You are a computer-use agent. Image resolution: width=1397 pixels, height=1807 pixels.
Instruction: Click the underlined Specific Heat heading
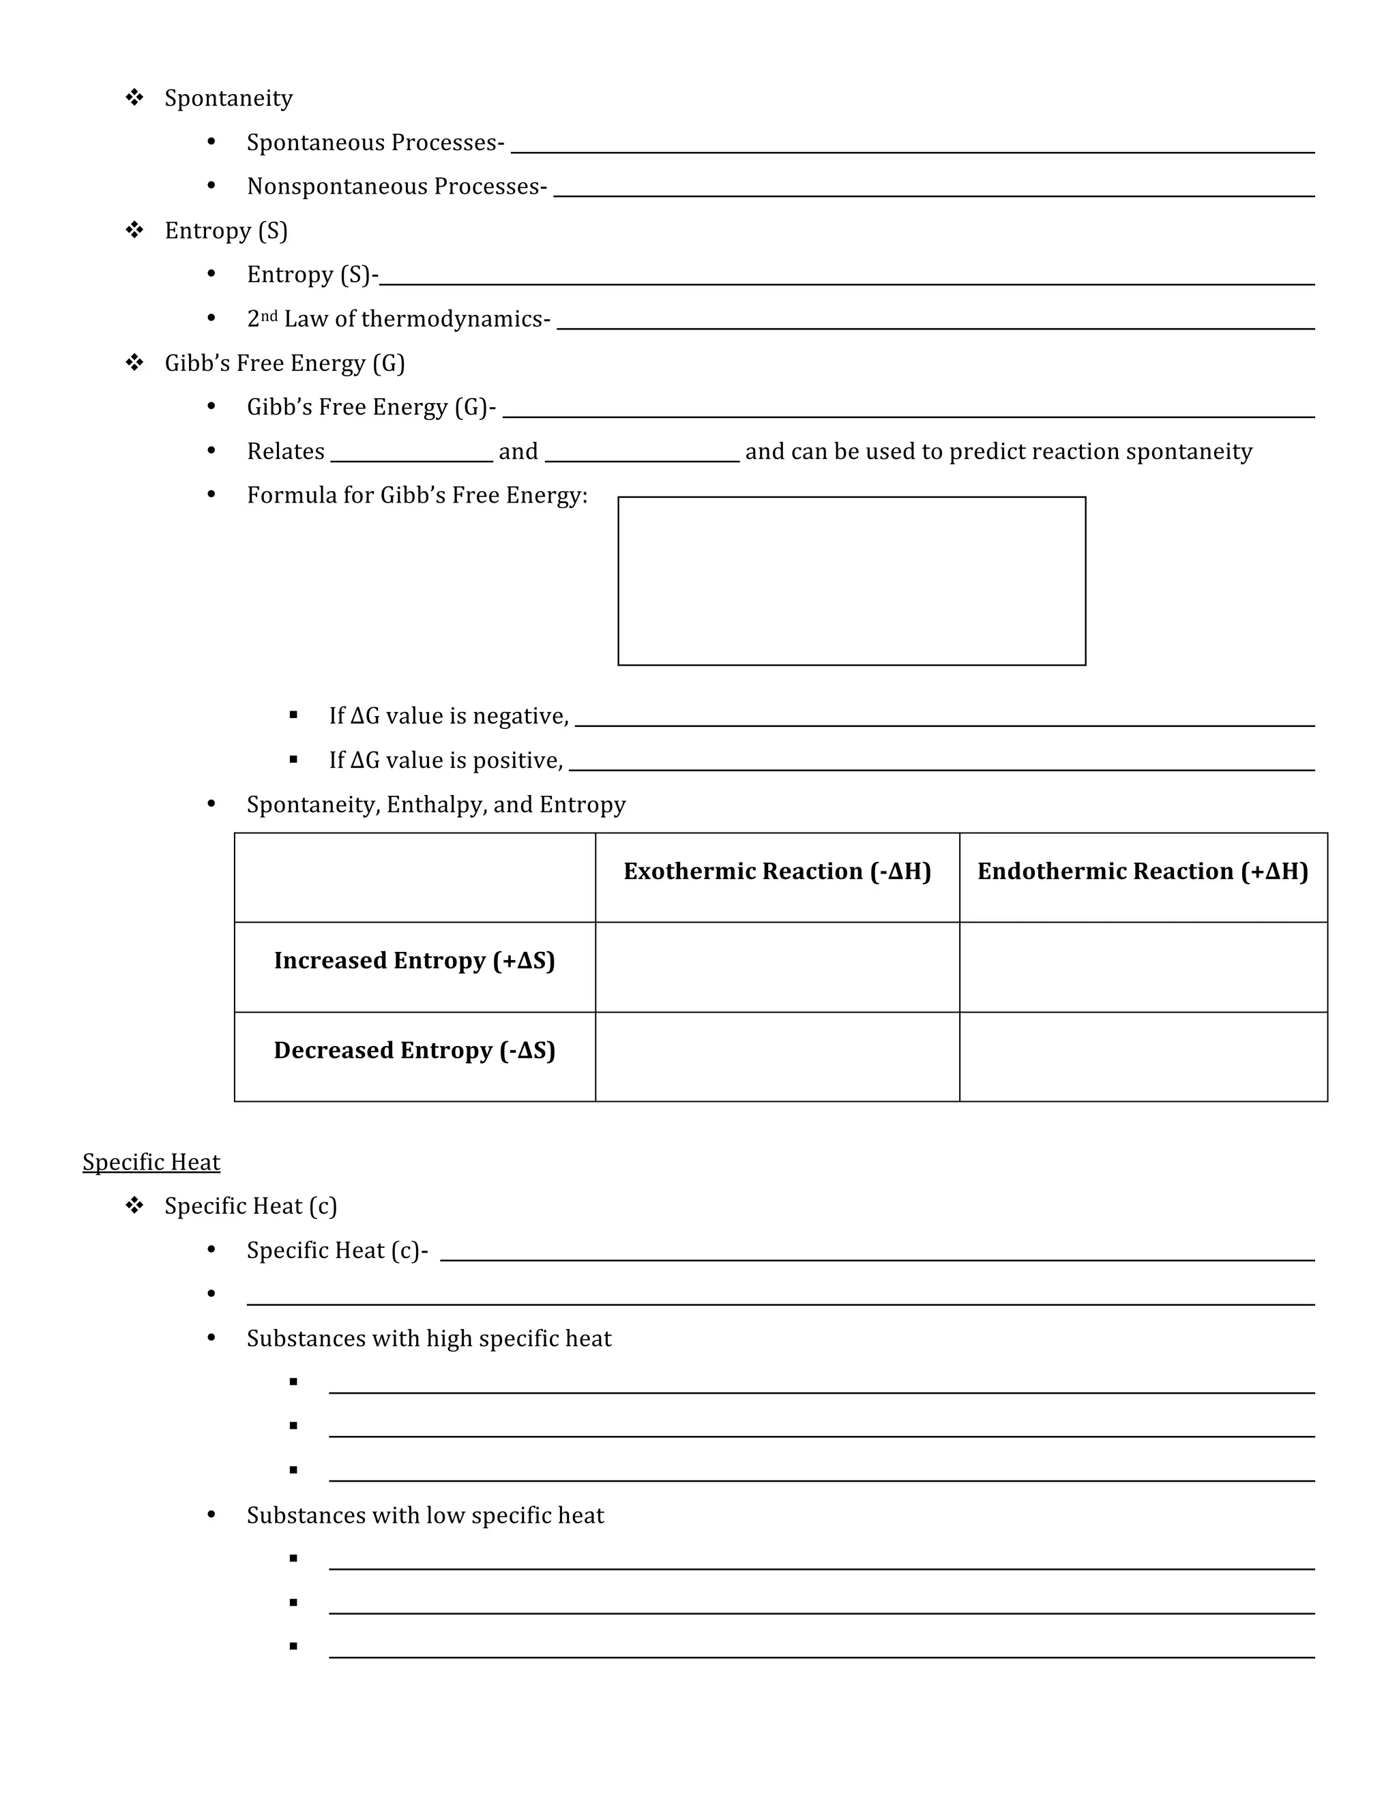151,1162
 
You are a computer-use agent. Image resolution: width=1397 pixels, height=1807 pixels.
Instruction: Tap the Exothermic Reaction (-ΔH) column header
776,871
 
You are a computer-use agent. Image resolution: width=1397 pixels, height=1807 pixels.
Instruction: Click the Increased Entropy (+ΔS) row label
414,961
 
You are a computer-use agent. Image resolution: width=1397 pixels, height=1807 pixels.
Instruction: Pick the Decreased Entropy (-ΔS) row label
414,1050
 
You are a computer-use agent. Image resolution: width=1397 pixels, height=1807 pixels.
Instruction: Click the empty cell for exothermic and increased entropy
776,966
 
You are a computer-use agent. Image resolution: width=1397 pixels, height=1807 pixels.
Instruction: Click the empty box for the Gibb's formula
851,581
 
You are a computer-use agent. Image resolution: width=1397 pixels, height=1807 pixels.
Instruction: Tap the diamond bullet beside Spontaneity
134,98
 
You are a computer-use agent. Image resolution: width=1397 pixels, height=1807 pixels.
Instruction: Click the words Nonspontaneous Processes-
396,186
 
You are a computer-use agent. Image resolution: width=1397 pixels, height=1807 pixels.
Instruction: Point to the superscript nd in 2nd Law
269,315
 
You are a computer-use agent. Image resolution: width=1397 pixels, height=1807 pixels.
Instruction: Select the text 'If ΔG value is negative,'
449,716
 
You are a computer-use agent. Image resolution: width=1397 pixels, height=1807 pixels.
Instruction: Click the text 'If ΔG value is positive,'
445,760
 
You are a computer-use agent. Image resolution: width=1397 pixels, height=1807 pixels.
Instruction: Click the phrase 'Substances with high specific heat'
428,1339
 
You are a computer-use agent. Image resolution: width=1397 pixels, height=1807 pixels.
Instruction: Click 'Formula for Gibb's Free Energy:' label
416,495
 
